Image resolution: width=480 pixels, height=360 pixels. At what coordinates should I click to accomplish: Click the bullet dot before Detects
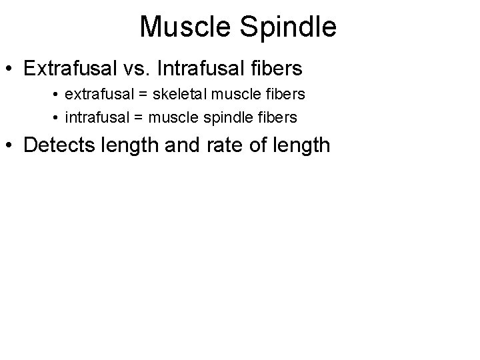(x=11, y=145)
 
